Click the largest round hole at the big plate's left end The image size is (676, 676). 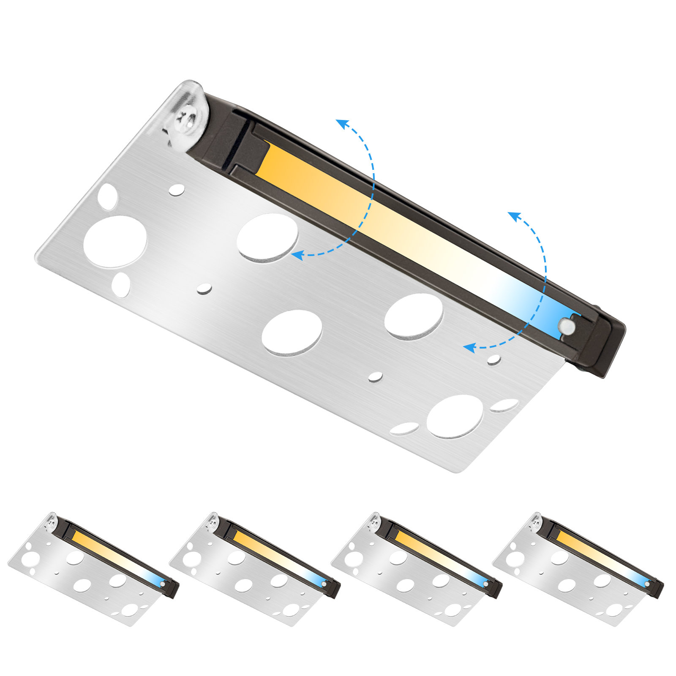[115, 241]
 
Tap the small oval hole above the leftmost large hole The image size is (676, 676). [108, 196]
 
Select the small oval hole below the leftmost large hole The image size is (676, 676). [121, 285]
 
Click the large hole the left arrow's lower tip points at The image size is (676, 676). [267, 237]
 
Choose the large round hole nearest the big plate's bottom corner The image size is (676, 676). [455, 417]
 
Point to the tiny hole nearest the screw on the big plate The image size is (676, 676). [177, 190]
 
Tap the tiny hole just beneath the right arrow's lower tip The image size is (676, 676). [494, 360]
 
